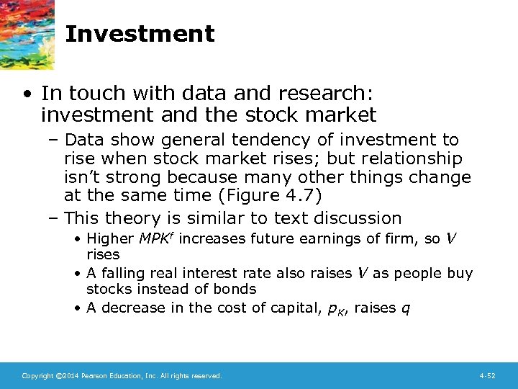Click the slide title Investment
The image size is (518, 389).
point(140,34)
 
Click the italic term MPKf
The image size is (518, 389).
point(156,238)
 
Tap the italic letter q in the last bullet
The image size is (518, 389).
point(406,309)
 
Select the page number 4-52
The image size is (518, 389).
point(488,375)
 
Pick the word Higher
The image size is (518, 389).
point(110,238)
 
